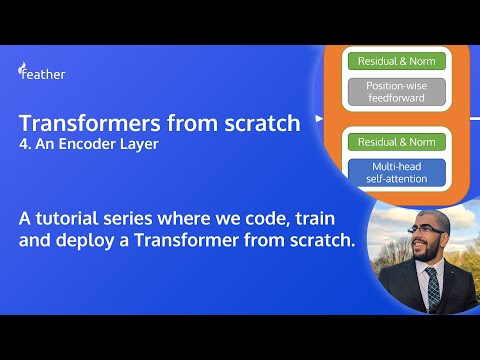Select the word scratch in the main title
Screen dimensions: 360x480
[259, 124]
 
